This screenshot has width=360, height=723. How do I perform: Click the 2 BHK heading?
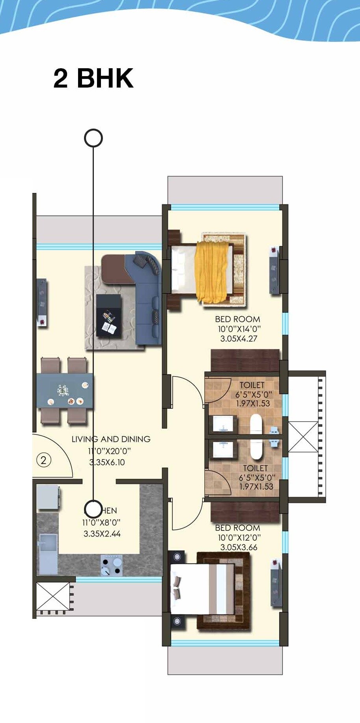click(93, 78)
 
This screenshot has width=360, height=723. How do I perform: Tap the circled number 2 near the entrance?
click(44, 460)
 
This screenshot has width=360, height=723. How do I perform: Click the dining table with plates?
click(65, 391)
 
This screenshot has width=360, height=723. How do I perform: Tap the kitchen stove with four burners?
click(111, 566)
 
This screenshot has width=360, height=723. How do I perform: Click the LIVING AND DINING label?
click(111, 439)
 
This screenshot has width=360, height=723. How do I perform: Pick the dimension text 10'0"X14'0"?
click(239, 329)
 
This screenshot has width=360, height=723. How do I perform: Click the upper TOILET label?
click(252, 385)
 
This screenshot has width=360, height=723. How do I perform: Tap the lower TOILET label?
click(255, 468)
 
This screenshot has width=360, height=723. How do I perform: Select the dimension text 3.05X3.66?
click(239, 547)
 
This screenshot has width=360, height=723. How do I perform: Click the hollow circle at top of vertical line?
click(93, 138)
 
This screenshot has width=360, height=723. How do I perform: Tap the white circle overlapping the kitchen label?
click(93, 509)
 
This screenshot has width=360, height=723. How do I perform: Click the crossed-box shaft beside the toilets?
click(303, 437)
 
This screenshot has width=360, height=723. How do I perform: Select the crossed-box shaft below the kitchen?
click(52, 596)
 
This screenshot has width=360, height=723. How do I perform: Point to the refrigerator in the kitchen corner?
click(48, 497)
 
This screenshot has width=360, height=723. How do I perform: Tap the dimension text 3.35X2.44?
click(102, 534)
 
